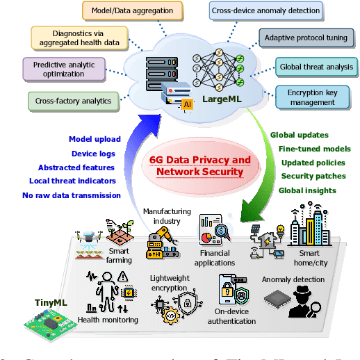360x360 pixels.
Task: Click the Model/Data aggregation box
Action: [x=133, y=11]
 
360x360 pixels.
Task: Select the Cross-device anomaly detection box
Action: [x=265, y=11]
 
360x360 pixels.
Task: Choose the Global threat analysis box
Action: [x=316, y=67]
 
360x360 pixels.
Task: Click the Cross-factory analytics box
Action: [x=73, y=101]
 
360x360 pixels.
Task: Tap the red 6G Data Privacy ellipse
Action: [x=200, y=165]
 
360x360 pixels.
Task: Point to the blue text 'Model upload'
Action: [x=96, y=139]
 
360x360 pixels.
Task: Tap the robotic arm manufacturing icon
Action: [x=161, y=243]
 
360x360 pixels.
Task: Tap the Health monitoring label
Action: [x=107, y=320]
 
